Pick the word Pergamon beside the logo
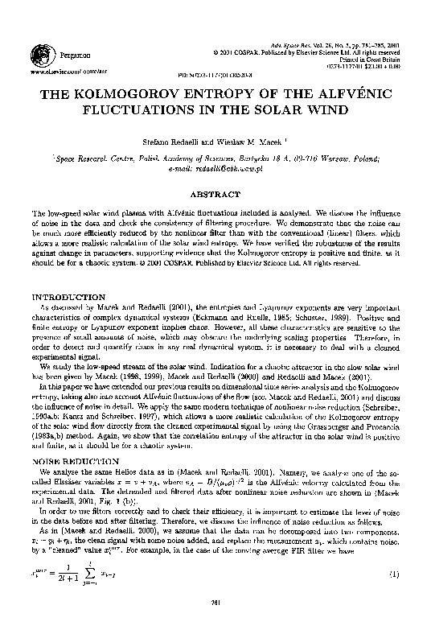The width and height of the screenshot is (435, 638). pyautogui.click(x=72, y=53)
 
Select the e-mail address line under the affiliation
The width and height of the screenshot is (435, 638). pyautogui.click(x=218, y=168)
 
